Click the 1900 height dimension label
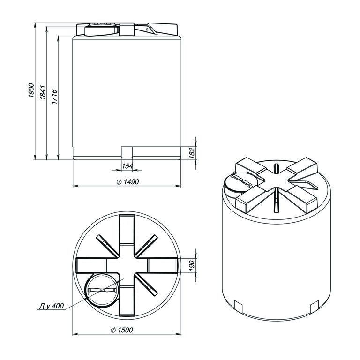click(31, 90)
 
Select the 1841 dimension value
click(43, 92)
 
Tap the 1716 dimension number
click(54, 97)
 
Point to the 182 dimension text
click(192, 153)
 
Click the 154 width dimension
click(127, 166)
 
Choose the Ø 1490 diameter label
click(127, 182)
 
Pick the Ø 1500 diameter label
click(122, 330)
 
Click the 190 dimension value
click(192, 265)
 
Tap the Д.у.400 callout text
click(52, 306)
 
